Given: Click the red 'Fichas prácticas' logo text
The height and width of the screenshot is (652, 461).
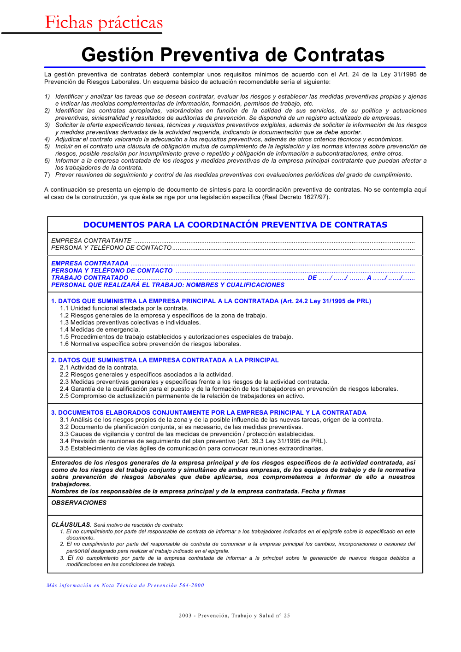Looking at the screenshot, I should [x=104, y=23].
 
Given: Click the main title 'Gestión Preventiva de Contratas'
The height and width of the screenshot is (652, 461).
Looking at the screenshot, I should [x=233, y=55].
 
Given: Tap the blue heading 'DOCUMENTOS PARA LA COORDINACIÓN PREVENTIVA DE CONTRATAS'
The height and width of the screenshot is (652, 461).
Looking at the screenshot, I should [x=235, y=225].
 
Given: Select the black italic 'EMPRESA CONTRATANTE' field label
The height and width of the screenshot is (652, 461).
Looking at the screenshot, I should [x=91, y=241].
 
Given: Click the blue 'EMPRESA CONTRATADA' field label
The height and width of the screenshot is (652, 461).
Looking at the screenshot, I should [x=90, y=263].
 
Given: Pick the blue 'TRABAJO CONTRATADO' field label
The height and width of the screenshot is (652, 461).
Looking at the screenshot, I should [x=90, y=277].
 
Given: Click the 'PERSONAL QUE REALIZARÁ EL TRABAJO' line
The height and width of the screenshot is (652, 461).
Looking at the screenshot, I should [x=168, y=285].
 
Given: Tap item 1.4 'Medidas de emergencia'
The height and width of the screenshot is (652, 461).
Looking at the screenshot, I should [x=100, y=329].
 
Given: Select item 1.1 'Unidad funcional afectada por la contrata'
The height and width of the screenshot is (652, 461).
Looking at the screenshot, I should [x=124, y=308].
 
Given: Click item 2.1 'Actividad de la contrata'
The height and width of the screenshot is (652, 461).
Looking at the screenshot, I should [x=99, y=367].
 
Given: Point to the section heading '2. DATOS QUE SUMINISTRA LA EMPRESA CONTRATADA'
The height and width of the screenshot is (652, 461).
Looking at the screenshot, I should [x=165, y=360].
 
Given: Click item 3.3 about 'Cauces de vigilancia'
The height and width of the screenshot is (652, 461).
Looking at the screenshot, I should [x=187, y=434].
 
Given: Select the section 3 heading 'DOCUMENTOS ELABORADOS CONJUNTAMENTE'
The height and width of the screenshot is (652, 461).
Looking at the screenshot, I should [x=208, y=412].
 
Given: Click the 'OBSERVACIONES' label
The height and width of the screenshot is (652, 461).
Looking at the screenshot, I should [x=79, y=503].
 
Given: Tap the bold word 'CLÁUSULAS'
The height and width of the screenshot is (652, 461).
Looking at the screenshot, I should [x=71, y=524].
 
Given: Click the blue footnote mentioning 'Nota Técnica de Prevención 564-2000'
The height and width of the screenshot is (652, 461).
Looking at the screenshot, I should [x=125, y=585].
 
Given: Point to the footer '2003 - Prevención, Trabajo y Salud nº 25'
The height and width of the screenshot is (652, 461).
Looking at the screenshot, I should [x=234, y=615].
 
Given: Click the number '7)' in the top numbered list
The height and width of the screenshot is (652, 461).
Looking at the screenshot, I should [x=47, y=175].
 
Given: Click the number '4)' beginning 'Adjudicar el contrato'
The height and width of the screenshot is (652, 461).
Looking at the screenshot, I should [x=47, y=139].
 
